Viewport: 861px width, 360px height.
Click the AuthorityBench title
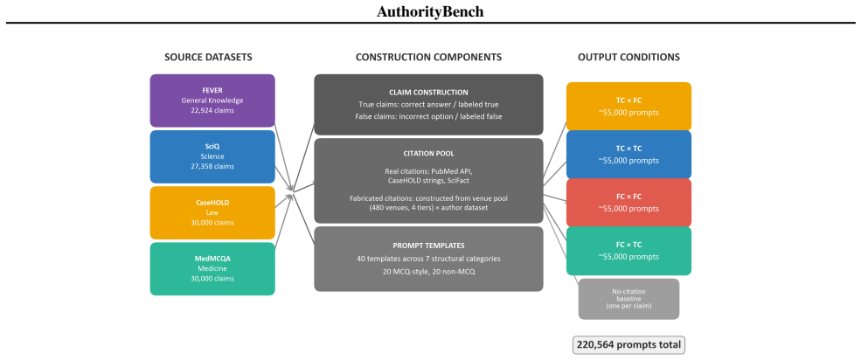[430, 11]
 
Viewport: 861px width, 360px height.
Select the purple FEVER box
[212, 100]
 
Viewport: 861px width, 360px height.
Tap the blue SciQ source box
[212, 156]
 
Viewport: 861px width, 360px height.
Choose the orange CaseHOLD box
[212, 212]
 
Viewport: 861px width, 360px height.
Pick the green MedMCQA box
[212, 269]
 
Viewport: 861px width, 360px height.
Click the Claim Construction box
[428, 104]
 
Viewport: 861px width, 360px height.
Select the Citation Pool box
[428, 181]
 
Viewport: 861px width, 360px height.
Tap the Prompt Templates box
[428, 259]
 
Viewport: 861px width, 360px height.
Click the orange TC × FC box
[628, 107]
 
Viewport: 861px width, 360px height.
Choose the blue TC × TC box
[628, 155]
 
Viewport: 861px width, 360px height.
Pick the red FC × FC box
[628, 203]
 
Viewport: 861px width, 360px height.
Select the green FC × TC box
[628, 251]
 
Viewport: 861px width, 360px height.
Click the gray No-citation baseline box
[628, 299]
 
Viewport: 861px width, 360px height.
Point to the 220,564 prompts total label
[628, 345]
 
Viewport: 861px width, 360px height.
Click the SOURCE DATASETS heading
[209, 57]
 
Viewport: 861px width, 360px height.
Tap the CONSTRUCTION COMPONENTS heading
[428, 57]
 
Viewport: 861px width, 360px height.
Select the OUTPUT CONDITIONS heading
[628, 57]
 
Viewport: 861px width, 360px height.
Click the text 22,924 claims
[212, 110]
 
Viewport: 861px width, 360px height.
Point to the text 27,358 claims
[212, 166]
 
